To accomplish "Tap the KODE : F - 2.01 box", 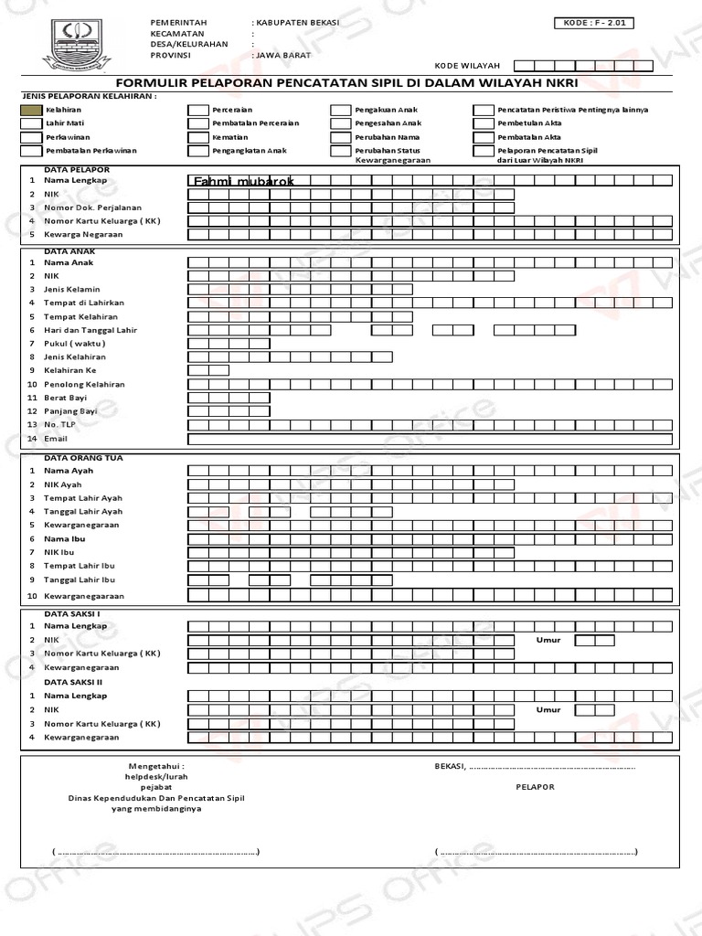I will click(x=593, y=24).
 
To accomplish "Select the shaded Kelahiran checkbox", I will click(x=31, y=110).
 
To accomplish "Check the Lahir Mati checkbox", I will click(x=31, y=123).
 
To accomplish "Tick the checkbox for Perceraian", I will click(x=197, y=110).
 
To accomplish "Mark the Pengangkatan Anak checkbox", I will click(x=197, y=150).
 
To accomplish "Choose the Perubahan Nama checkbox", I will click(x=340, y=137).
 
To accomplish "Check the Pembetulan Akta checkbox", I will click(x=483, y=123).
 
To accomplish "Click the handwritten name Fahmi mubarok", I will click(x=244, y=182).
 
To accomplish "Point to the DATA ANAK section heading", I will click(x=70, y=250).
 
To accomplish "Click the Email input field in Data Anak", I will click(x=431, y=439).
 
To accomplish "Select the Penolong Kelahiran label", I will click(x=84, y=385).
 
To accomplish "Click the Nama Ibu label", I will click(x=64, y=539).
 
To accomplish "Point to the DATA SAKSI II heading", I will click(x=74, y=682).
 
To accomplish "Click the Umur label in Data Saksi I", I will click(x=548, y=640).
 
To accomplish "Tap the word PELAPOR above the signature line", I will click(x=535, y=786).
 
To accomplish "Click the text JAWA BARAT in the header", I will click(x=283, y=55).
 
